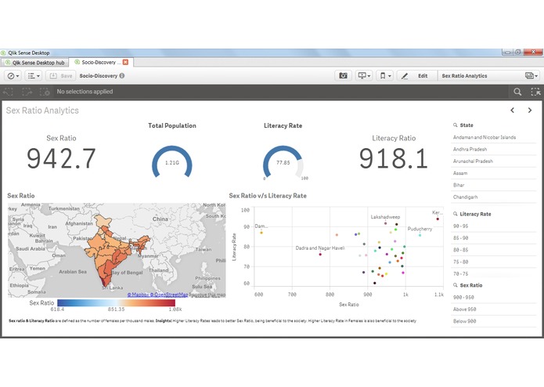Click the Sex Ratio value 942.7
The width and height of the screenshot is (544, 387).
tap(61, 159)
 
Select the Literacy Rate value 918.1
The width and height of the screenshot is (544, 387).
tap(394, 159)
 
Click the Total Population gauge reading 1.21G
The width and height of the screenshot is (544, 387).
tap(171, 162)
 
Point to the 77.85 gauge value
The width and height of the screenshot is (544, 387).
tap(283, 162)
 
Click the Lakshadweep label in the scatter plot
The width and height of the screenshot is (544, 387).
tap(385, 216)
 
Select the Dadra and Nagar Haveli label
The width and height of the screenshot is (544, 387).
tap(320, 248)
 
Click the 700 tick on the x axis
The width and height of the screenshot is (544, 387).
tap(292, 294)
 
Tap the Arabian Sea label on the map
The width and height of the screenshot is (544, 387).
tap(72, 271)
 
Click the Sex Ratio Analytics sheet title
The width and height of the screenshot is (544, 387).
tap(42, 110)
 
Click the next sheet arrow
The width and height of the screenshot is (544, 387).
tap(530, 110)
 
